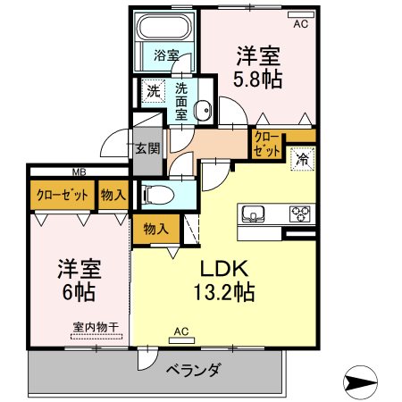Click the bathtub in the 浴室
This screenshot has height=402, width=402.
coord(164,26)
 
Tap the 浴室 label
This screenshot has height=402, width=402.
coord(166,55)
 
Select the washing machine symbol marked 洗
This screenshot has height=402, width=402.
coord(153,91)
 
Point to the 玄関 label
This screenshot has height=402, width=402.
coord(147,148)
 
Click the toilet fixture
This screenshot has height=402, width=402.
coord(158,195)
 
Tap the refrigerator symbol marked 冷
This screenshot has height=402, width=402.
coord(303,159)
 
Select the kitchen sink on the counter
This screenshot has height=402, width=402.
coord(253,214)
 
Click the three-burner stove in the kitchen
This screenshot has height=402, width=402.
coord(300,214)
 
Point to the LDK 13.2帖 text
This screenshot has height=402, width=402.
coord(224,281)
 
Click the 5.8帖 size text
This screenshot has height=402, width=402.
coord(257,80)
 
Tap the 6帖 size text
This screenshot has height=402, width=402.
coord(79,292)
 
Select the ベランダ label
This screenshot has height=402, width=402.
coord(194,370)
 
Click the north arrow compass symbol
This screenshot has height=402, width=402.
coord(360,382)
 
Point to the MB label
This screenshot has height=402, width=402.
coord(80,172)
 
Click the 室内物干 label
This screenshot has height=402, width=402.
coord(96,328)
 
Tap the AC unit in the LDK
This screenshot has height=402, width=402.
coord(181,340)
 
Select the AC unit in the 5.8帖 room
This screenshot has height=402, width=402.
coord(301,14)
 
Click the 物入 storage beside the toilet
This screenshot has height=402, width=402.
coord(155,229)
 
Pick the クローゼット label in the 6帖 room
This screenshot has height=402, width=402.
coord(63,195)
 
